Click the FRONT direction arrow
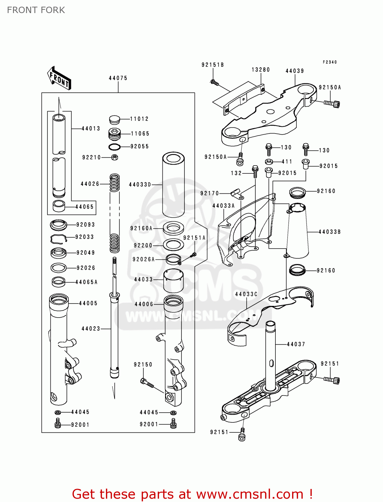[x=59, y=78]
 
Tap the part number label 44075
[x=118, y=78]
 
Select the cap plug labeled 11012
[x=114, y=119]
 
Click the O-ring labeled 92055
[x=114, y=147]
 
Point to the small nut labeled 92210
[x=114, y=157]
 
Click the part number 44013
[x=91, y=129]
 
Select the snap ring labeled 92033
[x=58, y=238]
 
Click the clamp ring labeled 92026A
[x=173, y=259]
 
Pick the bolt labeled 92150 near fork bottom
[x=147, y=383]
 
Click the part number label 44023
[x=91, y=329]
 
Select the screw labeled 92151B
[x=214, y=82]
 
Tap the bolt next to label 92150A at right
[x=332, y=104]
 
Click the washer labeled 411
[x=269, y=162]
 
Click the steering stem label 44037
[x=296, y=344]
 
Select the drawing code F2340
[x=330, y=62]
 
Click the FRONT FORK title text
[x=36, y=10]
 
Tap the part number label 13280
[x=261, y=70]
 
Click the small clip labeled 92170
[x=235, y=192]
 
